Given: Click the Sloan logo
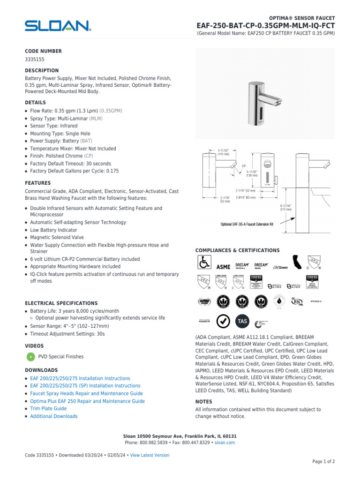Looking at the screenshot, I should click(58, 26).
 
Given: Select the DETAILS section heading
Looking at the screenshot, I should click(35, 102).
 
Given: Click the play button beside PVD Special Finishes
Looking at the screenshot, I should click(30, 357).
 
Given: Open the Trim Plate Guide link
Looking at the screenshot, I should click(48, 409).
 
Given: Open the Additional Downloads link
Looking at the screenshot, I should click(54, 416).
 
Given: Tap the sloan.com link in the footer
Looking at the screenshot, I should click(225, 442).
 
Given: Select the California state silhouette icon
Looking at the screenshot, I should click(297, 263).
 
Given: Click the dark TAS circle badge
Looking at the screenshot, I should click(242, 321).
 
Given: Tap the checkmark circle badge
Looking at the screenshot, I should click(224, 321).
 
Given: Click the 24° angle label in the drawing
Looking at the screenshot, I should click(244, 165).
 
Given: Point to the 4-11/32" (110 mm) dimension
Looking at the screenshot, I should click(224, 152).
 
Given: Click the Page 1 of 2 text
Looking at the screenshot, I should click(323, 462).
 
